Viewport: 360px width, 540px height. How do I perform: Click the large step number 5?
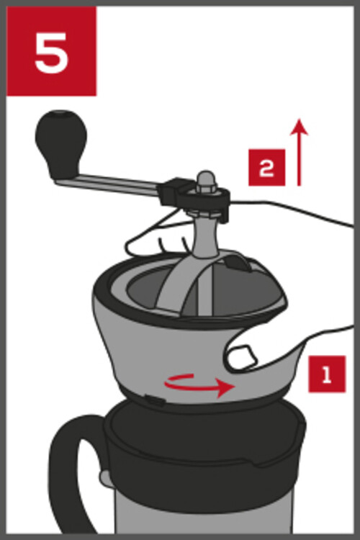[x=51, y=53]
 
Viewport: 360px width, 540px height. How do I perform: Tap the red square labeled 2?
[x=266, y=168]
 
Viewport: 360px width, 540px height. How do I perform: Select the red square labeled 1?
[x=327, y=374]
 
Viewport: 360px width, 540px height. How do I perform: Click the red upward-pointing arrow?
[x=299, y=152]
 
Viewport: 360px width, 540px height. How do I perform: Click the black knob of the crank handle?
[x=60, y=143]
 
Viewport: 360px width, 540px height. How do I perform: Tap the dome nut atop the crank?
[x=206, y=181]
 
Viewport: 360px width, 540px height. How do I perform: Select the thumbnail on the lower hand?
[x=243, y=356]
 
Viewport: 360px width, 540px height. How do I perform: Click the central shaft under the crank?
[x=206, y=238]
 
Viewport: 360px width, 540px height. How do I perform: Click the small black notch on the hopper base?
[x=155, y=400]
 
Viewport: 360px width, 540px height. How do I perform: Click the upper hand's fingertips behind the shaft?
[x=155, y=241]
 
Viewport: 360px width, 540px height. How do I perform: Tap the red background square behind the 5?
[x=51, y=51]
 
